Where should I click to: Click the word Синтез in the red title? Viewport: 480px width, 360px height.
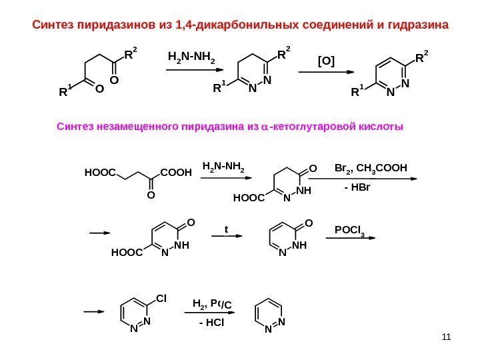click(x=54, y=26)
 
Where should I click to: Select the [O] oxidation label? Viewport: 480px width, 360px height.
click(x=326, y=62)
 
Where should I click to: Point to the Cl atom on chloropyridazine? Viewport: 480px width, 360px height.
click(x=161, y=296)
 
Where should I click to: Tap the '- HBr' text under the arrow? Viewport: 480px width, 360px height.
click(x=358, y=189)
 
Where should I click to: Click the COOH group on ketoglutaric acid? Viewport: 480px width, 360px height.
click(x=176, y=172)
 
